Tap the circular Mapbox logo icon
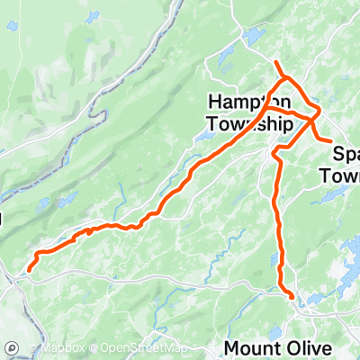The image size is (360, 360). coord(13,347)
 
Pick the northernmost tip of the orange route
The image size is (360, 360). coord(274,61)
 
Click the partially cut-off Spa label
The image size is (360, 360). coord(346,153)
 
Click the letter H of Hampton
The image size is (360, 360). coord(215,102)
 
